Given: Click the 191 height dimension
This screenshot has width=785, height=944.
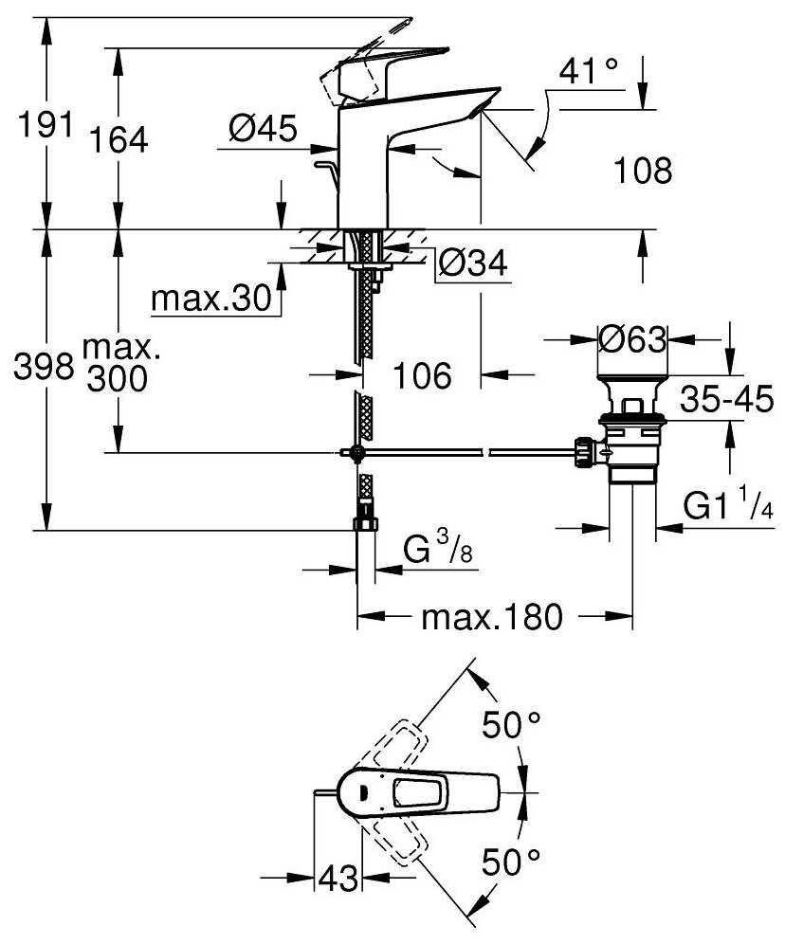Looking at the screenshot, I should tap(37, 124).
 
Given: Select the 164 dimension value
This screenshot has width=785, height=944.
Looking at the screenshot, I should tap(119, 140).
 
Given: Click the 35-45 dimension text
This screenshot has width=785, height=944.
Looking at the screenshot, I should tap(727, 402).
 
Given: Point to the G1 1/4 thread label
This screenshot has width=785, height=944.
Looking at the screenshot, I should tap(728, 506).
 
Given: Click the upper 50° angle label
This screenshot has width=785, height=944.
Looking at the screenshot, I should tap(510, 727).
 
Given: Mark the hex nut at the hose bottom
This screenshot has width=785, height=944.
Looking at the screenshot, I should tap(365, 525).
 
